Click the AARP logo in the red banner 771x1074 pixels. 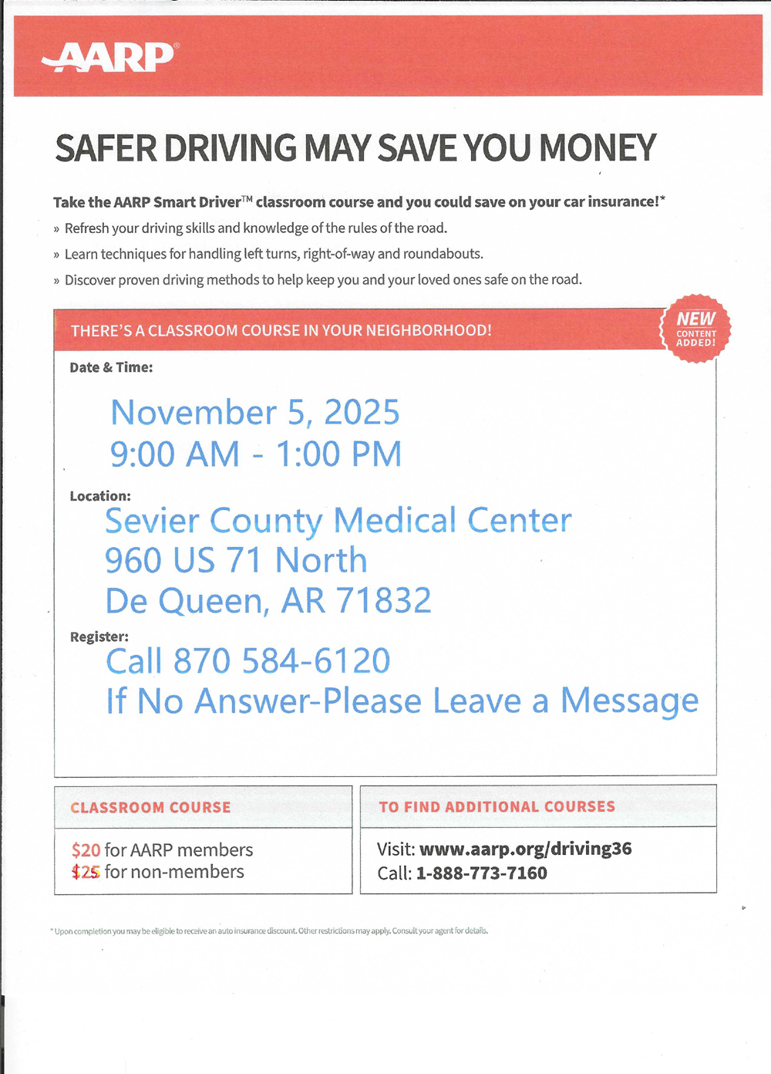[x=110, y=56]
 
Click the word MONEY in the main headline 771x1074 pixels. [x=598, y=148]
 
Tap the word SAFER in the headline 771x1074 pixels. [x=106, y=148]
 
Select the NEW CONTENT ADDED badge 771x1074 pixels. [x=695, y=329]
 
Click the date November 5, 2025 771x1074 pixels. [x=255, y=413]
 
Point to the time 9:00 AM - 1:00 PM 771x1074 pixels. [x=256, y=454]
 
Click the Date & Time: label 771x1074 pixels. [x=111, y=368]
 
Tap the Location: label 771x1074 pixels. [x=100, y=496]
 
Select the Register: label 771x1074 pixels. [x=99, y=637]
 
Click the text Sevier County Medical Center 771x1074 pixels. [x=338, y=521]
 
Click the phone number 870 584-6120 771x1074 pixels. [x=281, y=661]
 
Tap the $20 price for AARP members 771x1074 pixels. [x=86, y=850]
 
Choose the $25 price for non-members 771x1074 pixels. [x=86, y=873]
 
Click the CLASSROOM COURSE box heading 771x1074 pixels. [x=150, y=808]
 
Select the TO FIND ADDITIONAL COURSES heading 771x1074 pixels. [x=497, y=807]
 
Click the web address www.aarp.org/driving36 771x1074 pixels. [x=525, y=849]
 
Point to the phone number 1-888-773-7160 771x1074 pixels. [x=481, y=873]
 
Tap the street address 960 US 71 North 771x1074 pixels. [x=236, y=561]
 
